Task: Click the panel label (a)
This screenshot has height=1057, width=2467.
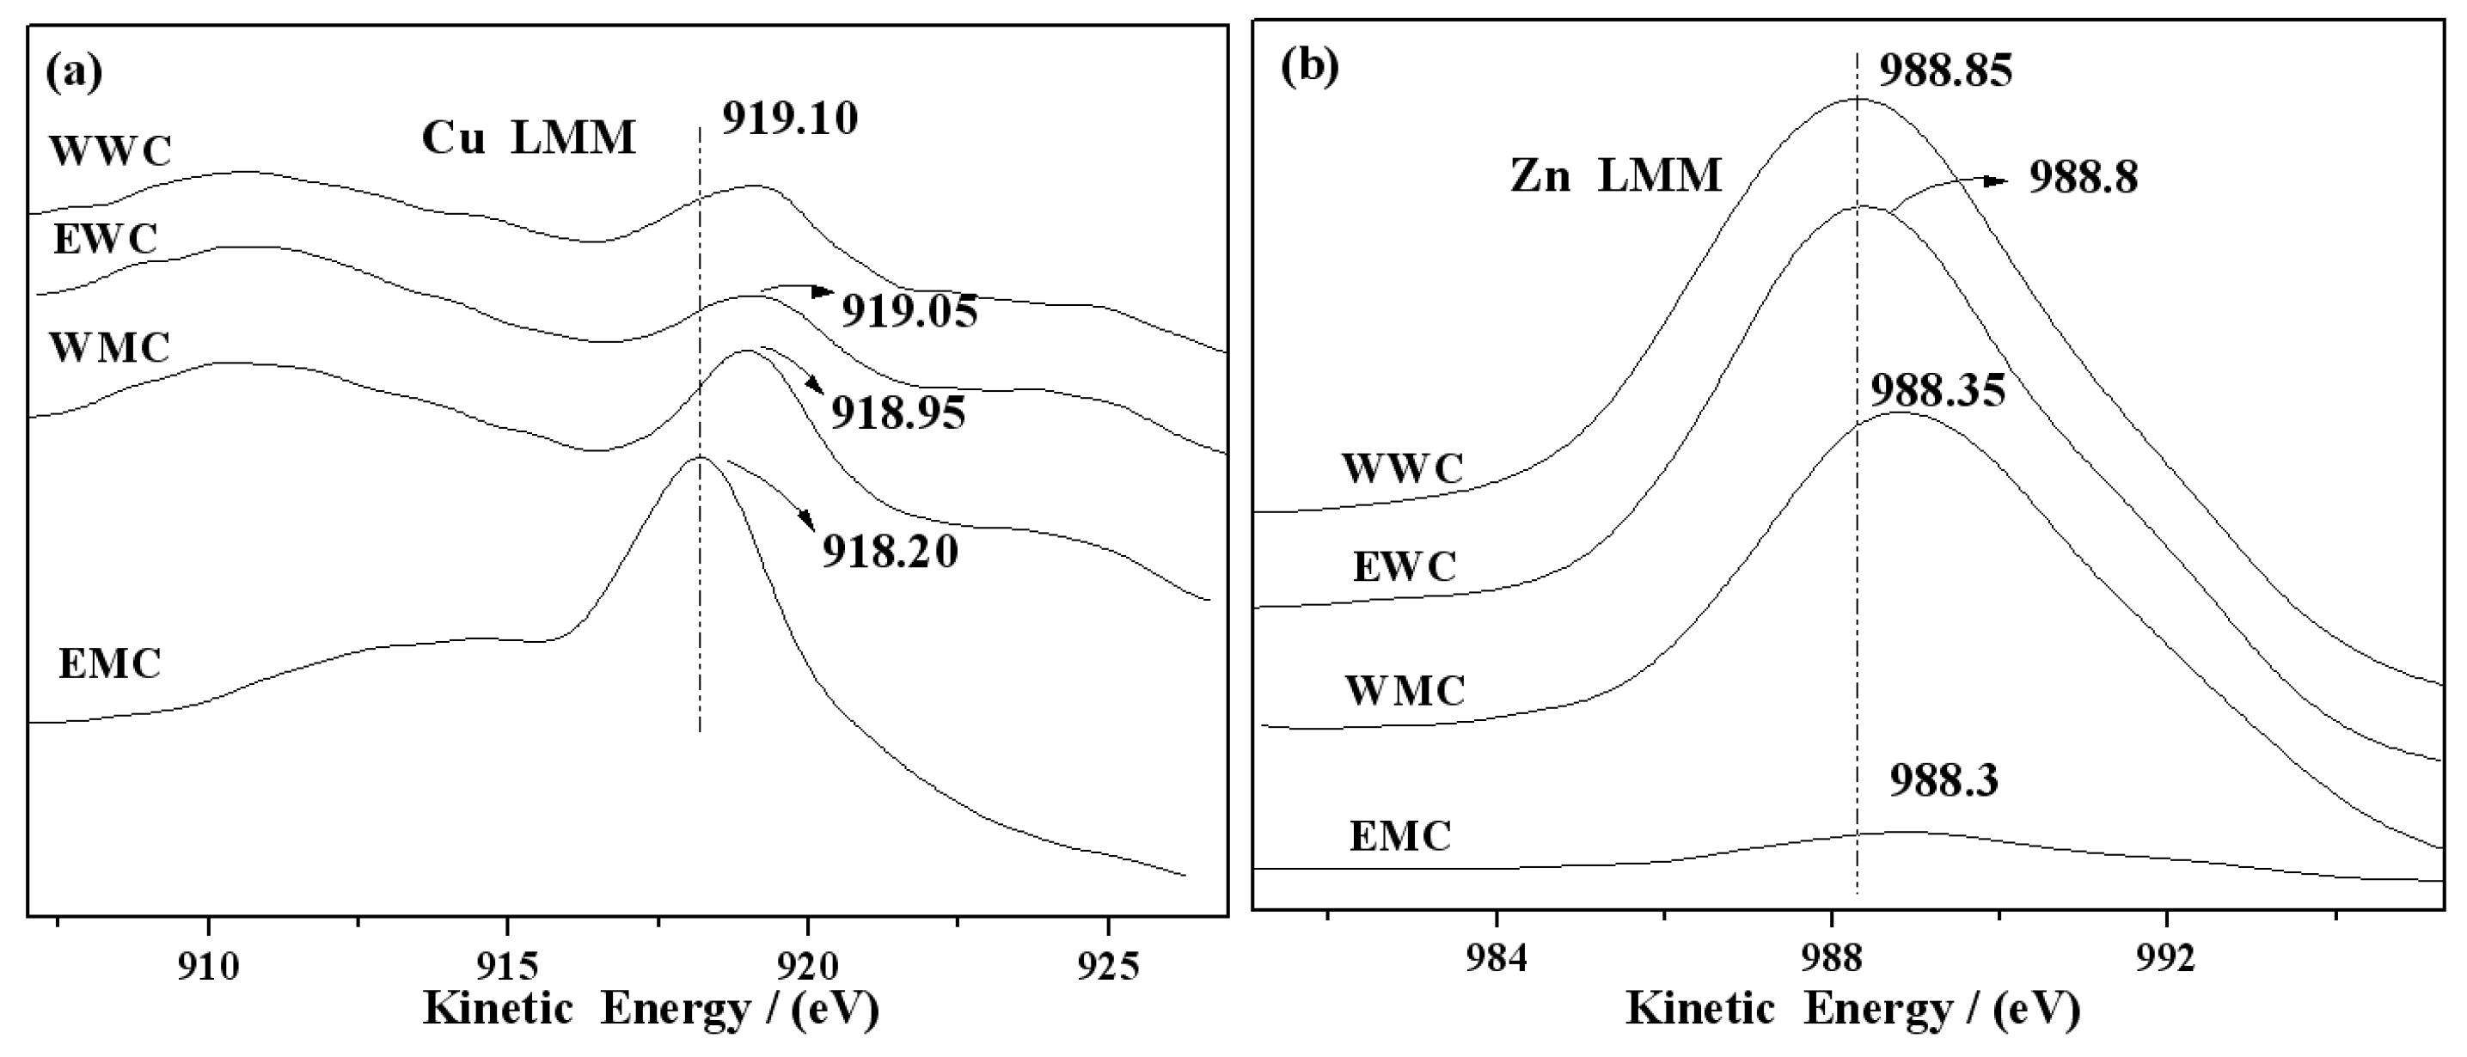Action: point(74,73)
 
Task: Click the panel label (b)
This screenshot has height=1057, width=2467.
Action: point(1310,67)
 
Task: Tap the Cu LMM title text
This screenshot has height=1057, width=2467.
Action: point(529,139)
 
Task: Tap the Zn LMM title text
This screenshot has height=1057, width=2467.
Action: point(1616,177)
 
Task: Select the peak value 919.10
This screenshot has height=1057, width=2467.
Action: point(789,119)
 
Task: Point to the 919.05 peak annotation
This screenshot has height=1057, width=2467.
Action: point(909,312)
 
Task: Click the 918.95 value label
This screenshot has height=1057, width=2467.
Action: point(897,413)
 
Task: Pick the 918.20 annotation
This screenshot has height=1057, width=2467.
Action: point(890,553)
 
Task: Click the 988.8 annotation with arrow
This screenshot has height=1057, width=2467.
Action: point(2083,179)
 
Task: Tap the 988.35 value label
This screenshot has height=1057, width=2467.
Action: point(1937,392)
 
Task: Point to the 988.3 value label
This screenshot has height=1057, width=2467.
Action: point(1944,781)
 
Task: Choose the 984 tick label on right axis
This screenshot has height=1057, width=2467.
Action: point(1496,958)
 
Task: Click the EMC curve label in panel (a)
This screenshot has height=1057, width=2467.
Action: point(109,664)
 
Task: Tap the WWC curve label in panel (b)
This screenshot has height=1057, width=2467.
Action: point(1402,469)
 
